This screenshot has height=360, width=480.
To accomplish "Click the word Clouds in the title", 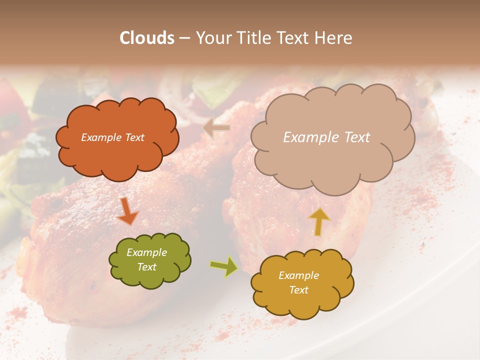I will [x=147, y=38].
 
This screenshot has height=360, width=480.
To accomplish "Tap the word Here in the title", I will [x=334, y=38].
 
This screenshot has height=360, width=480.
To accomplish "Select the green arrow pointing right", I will [x=224, y=266].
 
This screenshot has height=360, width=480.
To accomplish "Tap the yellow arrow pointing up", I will [x=319, y=221].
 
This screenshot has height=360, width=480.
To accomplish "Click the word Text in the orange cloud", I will [x=134, y=137].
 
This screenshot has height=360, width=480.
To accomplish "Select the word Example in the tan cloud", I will [x=310, y=137].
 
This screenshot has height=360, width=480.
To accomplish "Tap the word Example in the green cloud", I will [x=146, y=252].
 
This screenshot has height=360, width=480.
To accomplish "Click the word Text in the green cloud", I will [x=146, y=267].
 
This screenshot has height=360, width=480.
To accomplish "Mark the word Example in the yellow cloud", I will [x=298, y=275].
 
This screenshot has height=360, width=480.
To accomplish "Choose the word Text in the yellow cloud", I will [x=298, y=290].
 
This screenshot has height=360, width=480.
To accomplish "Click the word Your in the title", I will [x=211, y=38].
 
